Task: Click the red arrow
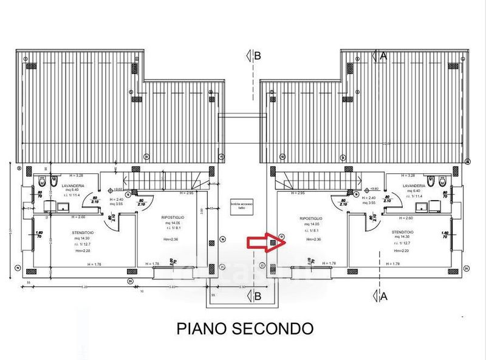(259, 243)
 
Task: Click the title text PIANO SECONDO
(245, 328)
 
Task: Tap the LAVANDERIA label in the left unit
(72, 184)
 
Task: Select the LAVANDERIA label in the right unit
(414, 184)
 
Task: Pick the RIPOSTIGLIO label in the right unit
(310, 217)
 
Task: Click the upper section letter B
(257, 56)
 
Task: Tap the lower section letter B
(257, 297)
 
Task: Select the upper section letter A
(383, 55)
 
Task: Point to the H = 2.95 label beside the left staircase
(186, 193)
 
